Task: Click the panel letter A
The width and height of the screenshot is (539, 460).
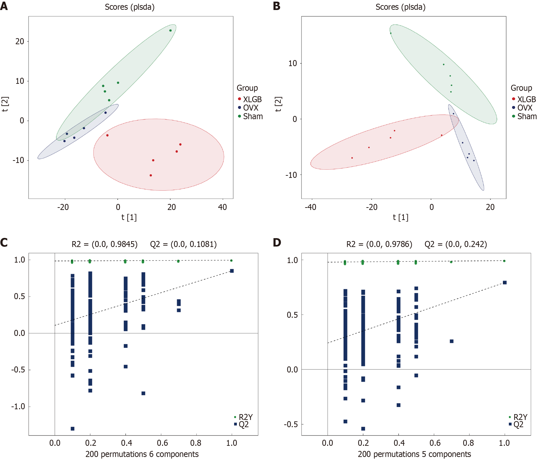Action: pos(4,6)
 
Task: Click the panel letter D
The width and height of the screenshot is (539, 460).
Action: pos(277,242)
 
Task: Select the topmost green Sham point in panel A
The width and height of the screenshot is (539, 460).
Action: pos(170,30)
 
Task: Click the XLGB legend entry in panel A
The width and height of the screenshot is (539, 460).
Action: pos(252,99)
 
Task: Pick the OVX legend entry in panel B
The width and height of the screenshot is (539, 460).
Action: pos(524,108)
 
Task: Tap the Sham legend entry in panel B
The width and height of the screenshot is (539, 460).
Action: pos(526,116)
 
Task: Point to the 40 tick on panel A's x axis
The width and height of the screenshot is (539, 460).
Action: pos(222,207)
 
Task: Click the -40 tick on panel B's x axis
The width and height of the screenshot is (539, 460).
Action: pos(310,207)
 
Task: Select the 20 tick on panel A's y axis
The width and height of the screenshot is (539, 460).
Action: pos(20,41)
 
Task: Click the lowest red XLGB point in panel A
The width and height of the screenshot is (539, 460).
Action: pos(151,175)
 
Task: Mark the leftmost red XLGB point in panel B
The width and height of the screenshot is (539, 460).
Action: pos(352,158)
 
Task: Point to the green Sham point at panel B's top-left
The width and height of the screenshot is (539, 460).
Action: pos(390,33)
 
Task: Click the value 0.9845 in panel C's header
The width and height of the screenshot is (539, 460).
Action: pos(124,244)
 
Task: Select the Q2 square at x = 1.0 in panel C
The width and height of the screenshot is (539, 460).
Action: pos(232,271)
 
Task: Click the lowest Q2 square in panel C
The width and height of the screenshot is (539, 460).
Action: pos(73,429)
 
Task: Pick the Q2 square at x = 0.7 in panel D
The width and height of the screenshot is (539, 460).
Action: pos(452,341)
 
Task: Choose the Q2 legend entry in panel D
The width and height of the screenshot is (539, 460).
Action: pos(518,424)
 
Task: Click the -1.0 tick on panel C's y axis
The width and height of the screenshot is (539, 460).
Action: pos(19,406)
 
